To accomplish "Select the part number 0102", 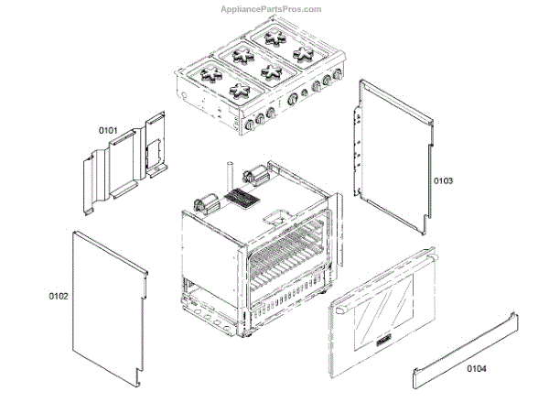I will point(58,296).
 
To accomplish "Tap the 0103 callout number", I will point(444,180).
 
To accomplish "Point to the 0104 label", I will point(477,368).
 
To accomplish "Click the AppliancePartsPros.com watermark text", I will point(272,9).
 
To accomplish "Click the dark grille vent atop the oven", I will point(242,200).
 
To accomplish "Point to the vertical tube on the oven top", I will point(224,179).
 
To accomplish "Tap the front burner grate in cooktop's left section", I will point(240,89).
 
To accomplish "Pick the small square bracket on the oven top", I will point(274,219).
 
